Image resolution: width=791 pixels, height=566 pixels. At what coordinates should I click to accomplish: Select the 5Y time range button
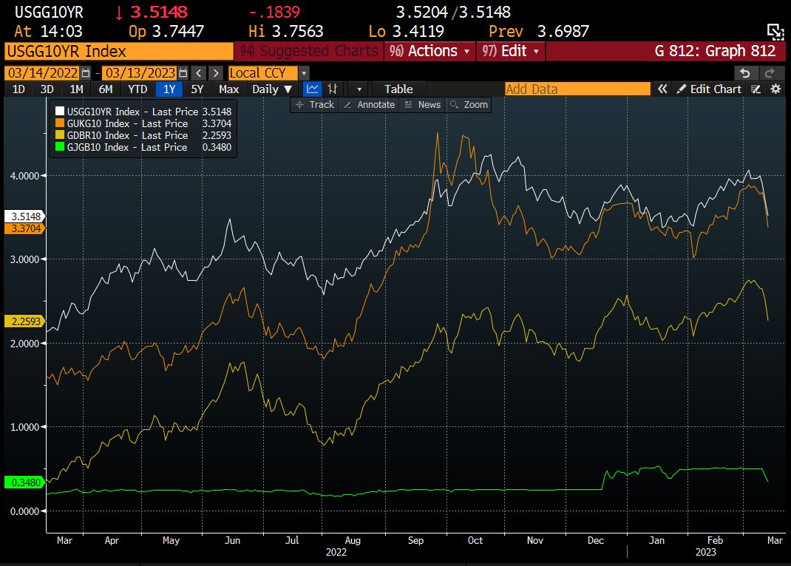(197, 89)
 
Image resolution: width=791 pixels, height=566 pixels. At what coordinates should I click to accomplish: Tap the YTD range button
(138, 89)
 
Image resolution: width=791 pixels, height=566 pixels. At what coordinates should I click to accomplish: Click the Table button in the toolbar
(398, 89)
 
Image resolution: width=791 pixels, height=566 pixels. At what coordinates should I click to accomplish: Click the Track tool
(316, 105)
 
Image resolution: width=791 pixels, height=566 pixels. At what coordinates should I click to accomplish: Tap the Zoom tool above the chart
(469, 105)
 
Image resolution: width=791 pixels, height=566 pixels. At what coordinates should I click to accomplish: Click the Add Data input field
(577, 89)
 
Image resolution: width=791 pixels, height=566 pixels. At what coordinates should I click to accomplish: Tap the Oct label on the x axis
(475, 540)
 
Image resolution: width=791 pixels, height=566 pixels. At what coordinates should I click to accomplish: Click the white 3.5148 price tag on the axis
(24, 217)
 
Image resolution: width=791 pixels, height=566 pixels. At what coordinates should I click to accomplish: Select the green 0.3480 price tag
(24, 483)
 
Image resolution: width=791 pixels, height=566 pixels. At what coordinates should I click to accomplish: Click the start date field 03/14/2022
(42, 73)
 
